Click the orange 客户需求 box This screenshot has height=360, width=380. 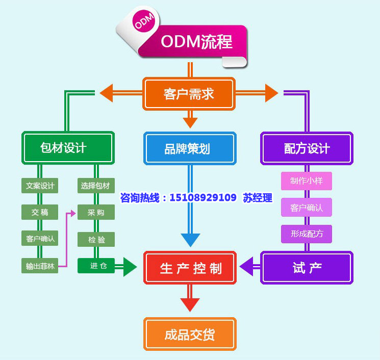tap(189, 94)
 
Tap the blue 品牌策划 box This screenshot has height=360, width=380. tap(190, 148)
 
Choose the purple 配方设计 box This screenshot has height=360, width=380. tap(307, 148)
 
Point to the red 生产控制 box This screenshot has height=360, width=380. tap(190, 267)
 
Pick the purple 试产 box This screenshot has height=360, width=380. tap(307, 267)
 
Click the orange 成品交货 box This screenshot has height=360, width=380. tap(190, 334)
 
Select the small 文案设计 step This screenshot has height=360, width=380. tap(40, 185)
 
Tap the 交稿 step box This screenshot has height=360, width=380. tap(40, 212)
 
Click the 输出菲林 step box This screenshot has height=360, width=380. tap(40, 266)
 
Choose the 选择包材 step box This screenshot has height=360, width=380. tap(95, 185)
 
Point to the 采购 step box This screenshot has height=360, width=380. tap(95, 212)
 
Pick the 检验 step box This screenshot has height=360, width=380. tap(95, 238)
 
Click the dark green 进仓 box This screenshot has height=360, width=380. tap(95, 266)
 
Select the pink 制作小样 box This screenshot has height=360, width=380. tap(306, 181)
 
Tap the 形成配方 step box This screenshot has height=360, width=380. tap(306, 234)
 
